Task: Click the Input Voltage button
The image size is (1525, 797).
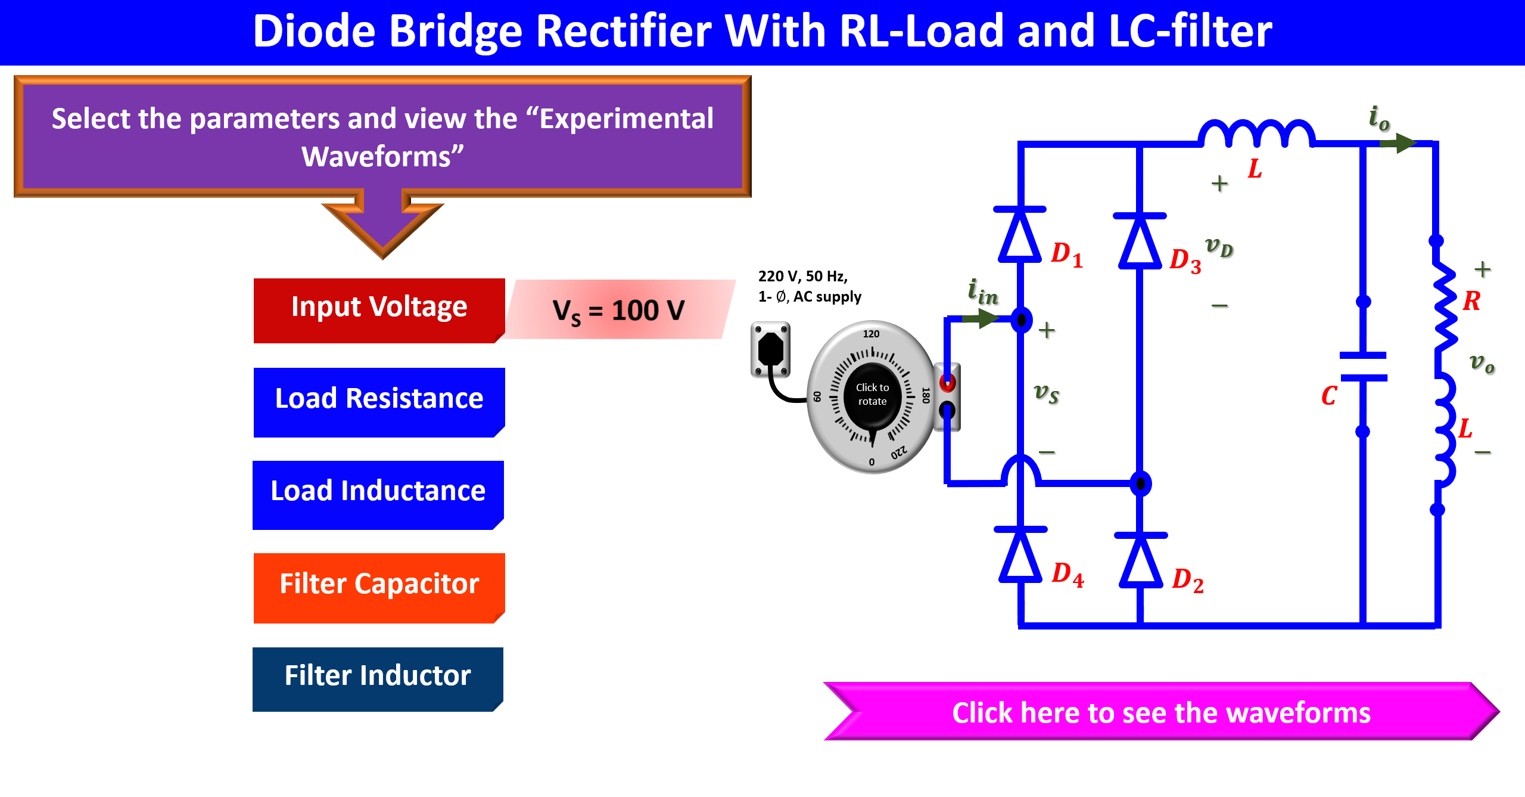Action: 379,310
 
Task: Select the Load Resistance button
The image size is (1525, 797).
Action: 379,402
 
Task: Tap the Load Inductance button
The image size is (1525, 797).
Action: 378,495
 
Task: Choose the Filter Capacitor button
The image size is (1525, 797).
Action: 379,588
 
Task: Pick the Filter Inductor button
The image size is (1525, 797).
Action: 378,679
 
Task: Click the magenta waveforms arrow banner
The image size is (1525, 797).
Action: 1161,711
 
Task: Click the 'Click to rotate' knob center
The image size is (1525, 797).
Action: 872,395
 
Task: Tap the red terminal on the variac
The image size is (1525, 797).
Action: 947,382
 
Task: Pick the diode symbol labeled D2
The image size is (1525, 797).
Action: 1141,560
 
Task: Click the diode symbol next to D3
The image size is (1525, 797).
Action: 1140,241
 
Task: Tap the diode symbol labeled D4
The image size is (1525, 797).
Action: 1020,554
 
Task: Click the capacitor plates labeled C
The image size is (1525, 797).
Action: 1363,367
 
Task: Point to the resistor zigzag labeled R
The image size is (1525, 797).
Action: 1444,307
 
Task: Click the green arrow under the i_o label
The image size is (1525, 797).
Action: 1398,143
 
